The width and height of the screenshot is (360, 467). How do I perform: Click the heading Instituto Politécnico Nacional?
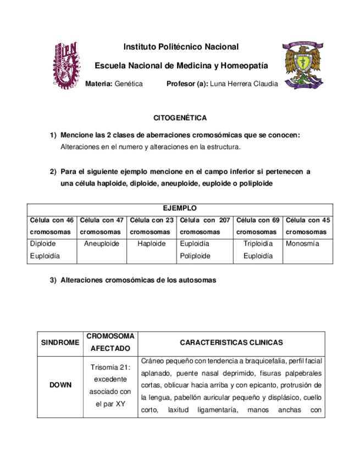[181, 47]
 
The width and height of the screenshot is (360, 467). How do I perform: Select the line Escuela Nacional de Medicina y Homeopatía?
[181, 66]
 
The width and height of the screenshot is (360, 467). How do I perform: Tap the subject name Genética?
[129, 84]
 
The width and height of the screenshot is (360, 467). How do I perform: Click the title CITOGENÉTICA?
[180, 118]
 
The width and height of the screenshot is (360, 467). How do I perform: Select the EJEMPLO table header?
[180, 208]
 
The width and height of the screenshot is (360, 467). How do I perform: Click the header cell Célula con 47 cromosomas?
[102, 226]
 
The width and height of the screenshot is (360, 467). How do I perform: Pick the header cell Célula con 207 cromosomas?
[204, 226]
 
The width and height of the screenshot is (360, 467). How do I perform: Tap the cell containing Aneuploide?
[102, 243]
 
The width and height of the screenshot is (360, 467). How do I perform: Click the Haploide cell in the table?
[152, 243]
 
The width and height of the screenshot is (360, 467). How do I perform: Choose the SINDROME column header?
[60, 343]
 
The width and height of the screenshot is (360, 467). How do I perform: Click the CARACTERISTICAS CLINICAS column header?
[231, 343]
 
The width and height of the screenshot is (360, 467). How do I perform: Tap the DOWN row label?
[60, 385]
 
